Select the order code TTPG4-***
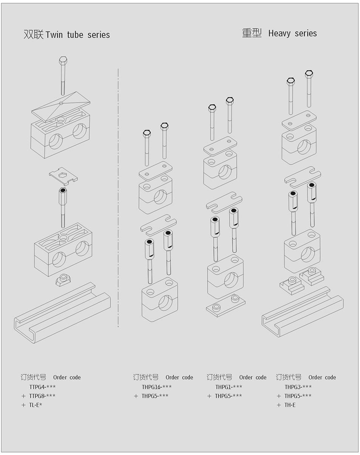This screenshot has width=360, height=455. [42, 387]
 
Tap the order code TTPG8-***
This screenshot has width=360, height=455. [42, 396]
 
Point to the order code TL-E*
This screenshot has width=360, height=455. [36, 405]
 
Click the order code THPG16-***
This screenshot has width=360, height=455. [157, 387]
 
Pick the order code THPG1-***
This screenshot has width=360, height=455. [229, 387]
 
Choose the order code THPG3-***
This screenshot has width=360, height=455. [298, 387]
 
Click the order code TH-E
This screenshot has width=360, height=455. [290, 405]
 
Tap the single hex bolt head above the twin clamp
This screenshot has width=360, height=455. [63, 61]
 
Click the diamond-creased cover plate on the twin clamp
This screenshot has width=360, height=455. [61, 106]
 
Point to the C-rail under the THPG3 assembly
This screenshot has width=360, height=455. [303, 312]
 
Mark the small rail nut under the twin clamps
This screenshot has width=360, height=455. [63, 280]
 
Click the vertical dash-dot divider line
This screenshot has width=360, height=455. [118, 197]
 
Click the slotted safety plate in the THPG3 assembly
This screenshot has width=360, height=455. [303, 177]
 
